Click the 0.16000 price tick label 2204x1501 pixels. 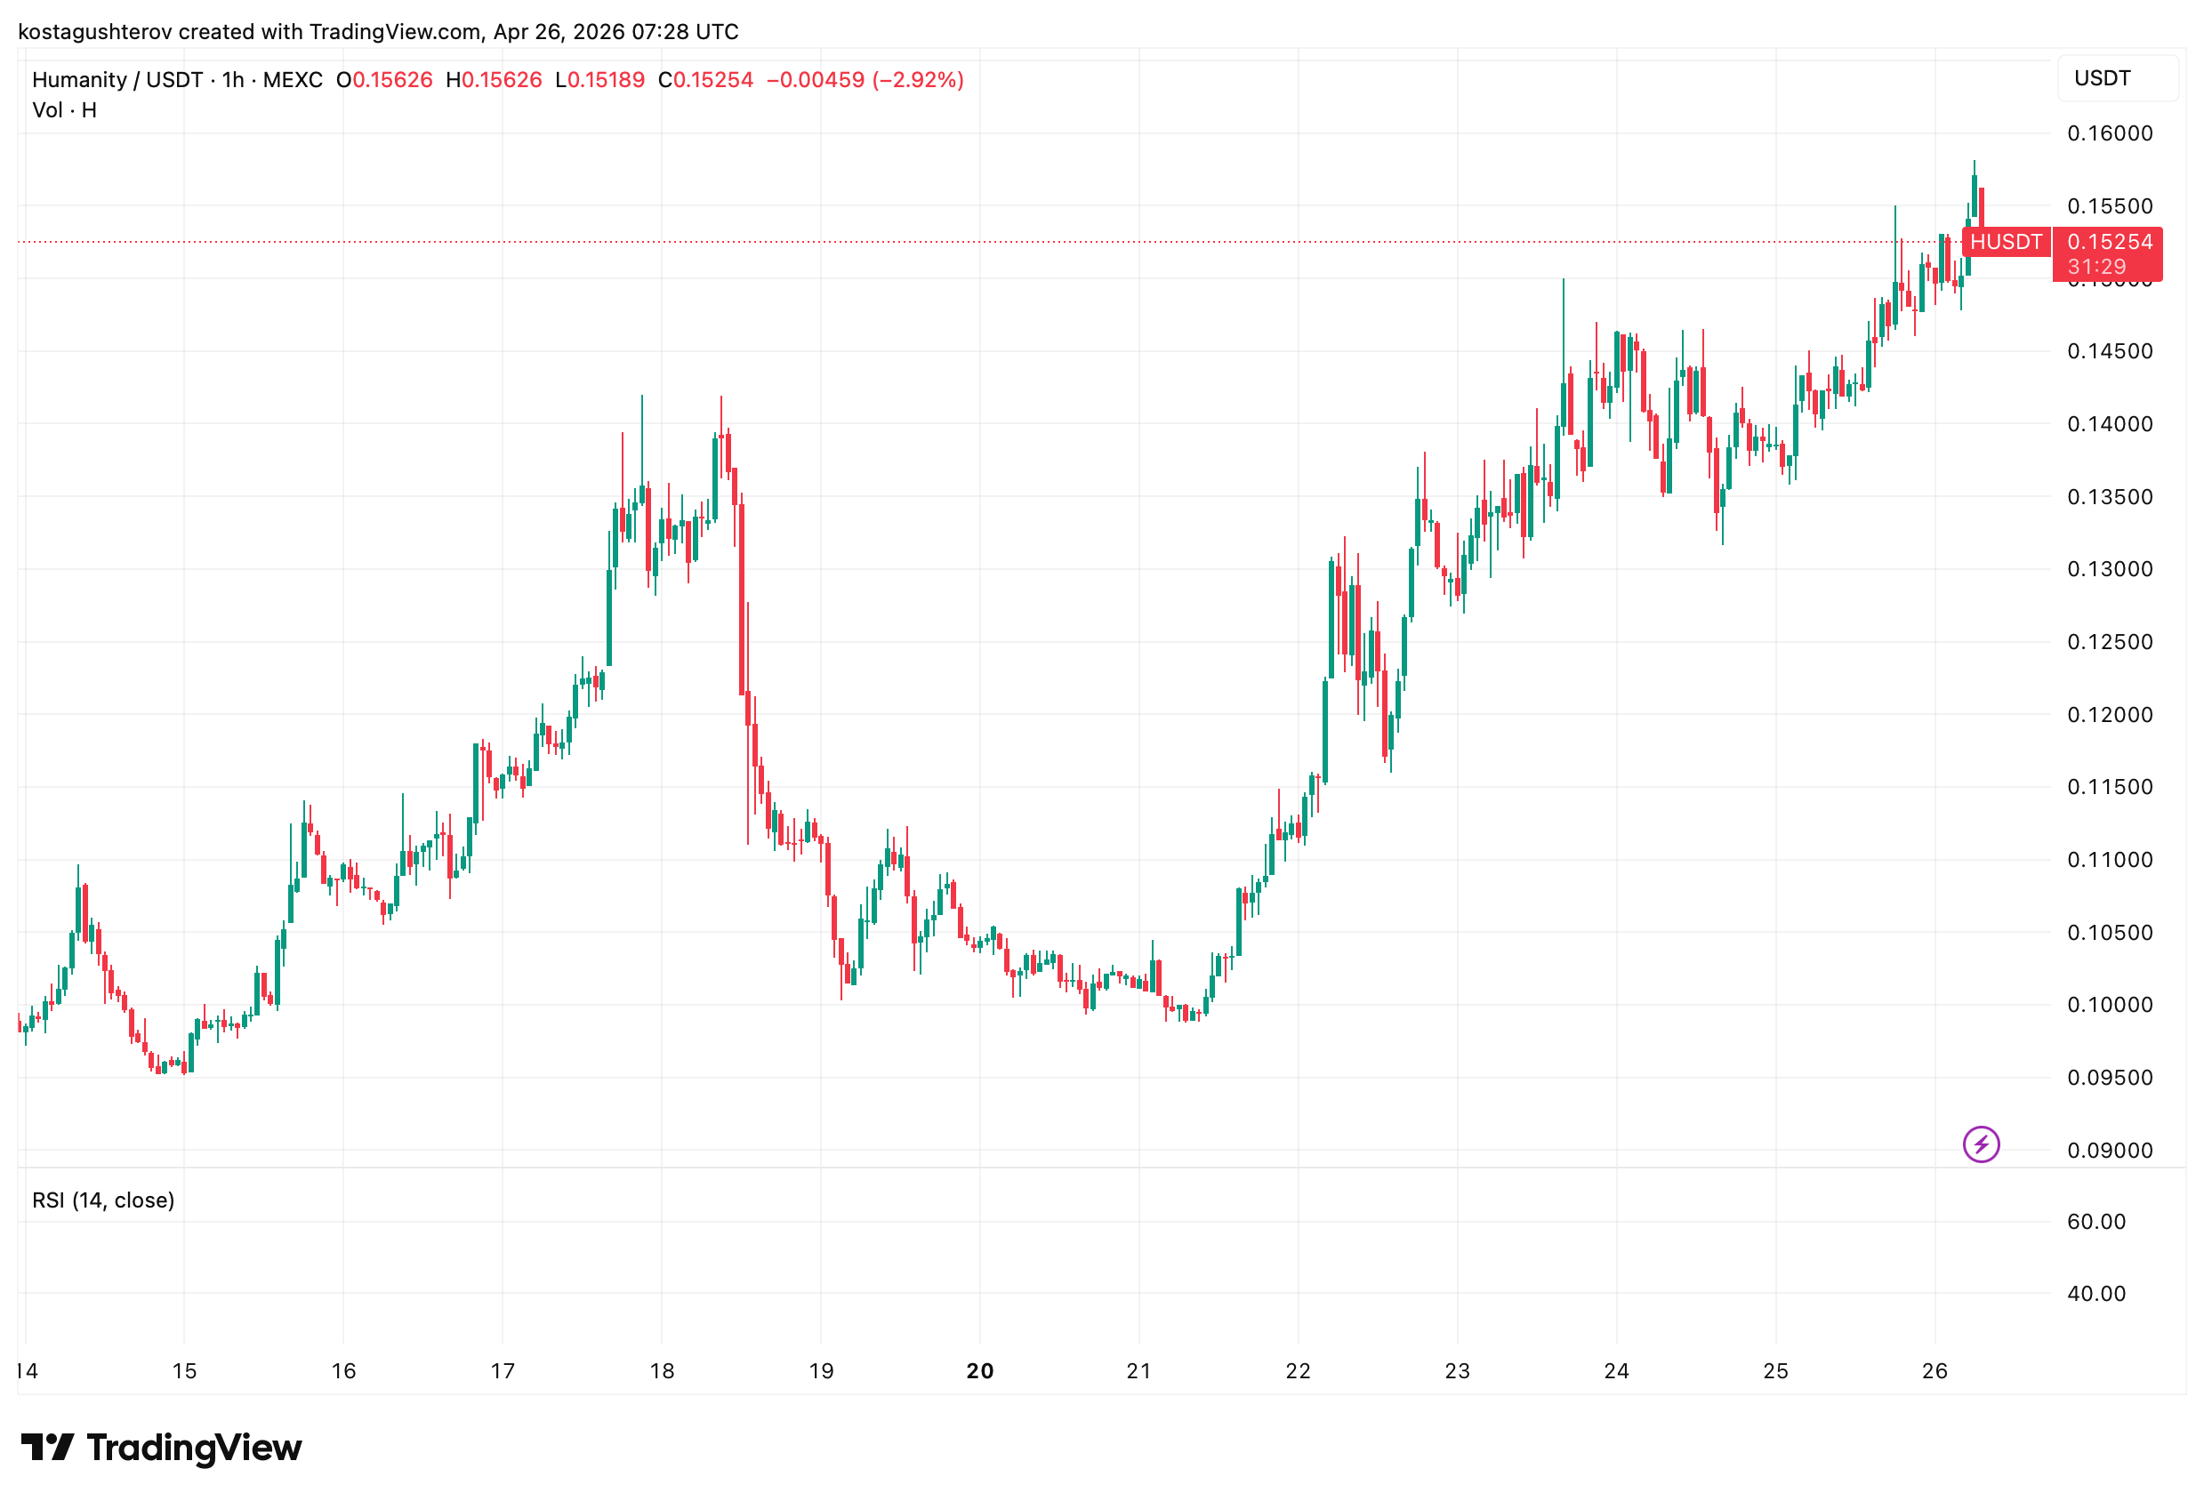[x=2109, y=133]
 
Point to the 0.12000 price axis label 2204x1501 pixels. [x=2109, y=715]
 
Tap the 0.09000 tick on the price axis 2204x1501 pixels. [x=2109, y=1150]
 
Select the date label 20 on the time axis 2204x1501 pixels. [x=979, y=1370]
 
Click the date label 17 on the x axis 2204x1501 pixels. [x=503, y=1370]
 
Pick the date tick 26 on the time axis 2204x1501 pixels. [x=1935, y=1370]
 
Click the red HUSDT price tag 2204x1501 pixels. [x=2005, y=242]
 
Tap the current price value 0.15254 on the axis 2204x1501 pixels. [x=2109, y=242]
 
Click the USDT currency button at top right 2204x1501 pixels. [x=2102, y=79]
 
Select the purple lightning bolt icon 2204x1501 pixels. [x=1981, y=1144]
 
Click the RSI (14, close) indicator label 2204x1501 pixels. [x=103, y=1200]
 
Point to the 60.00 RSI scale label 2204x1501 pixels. [x=2095, y=1221]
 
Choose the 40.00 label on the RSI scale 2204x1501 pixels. [x=2095, y=1293]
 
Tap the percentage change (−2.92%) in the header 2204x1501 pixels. [x=918, y=80]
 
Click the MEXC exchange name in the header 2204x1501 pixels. [x=293, y=80]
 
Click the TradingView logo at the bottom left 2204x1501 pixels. [x=161, y=1448]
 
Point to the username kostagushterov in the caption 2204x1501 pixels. [x=95, y=32]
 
